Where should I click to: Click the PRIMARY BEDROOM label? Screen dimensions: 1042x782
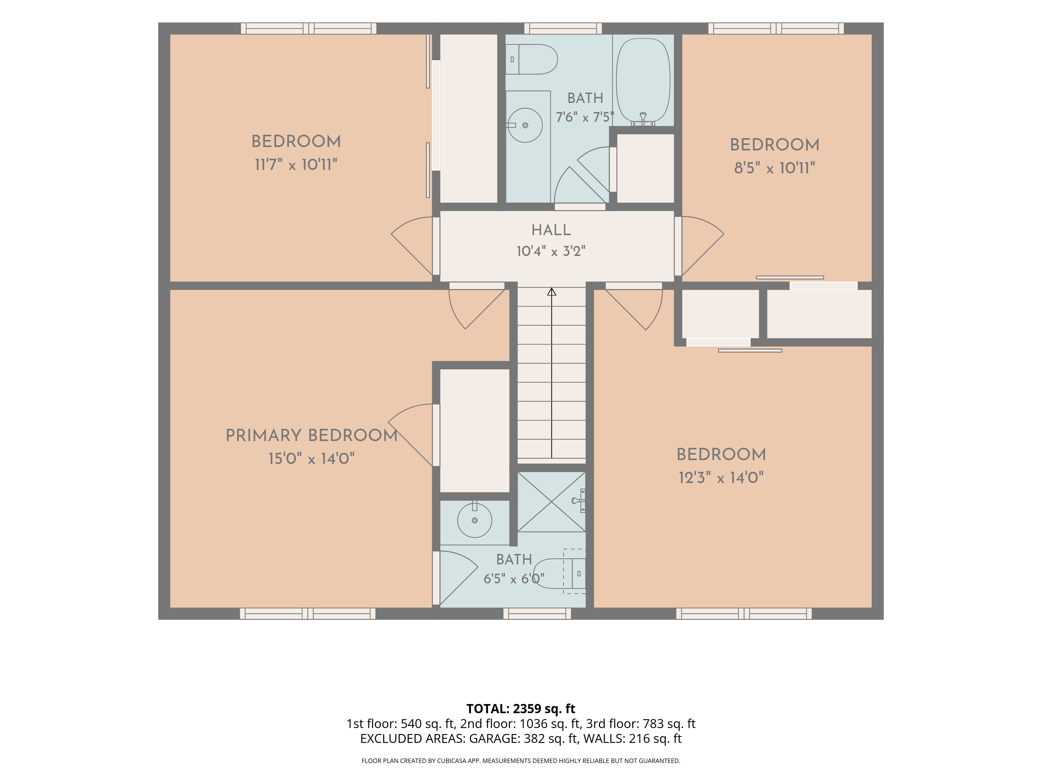click(x=311, y=436)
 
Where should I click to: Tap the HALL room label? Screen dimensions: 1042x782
click(x=551, y=230)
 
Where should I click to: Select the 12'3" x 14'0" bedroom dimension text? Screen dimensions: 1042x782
click(x=721, y=478)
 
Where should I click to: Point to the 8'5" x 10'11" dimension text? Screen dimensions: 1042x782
click(x=774, y=168)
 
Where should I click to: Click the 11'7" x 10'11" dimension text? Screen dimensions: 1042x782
click(x=296, y=164)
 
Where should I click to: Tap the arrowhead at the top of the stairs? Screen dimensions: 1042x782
click(x=552, y=292)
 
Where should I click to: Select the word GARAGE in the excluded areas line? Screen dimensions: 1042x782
click(x=494, y=739)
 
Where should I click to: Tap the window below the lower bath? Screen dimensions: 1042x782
click(x=537, y=613)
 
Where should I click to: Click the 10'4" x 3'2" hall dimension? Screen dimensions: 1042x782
click(x=551, y=251)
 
